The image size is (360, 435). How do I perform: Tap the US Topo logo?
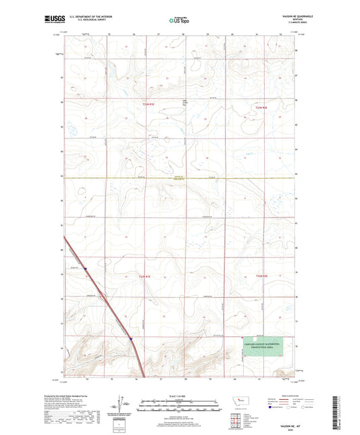pyautogui.click(x=179, y=21)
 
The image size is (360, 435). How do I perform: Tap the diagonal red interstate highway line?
pyautogui.click(x=101, y=290)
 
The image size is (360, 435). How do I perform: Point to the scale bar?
pyautogui.click(x=180, y=407)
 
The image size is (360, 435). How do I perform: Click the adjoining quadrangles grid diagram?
pyautogui.click(x=236, y=422)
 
